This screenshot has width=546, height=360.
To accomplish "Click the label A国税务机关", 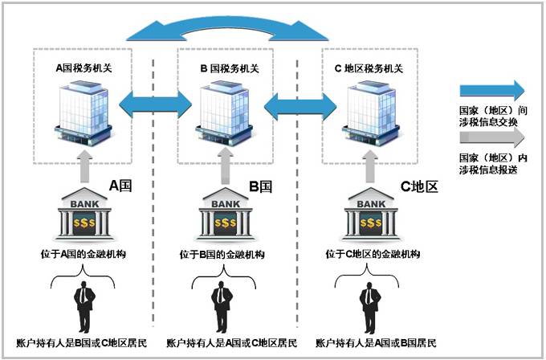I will click(x=83, y=69).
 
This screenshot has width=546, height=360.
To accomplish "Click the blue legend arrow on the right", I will click(x=491, y=90).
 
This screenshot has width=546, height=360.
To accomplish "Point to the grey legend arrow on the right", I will click(x=491, y=139).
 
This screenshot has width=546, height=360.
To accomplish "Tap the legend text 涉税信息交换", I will click(x=489, y=121).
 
